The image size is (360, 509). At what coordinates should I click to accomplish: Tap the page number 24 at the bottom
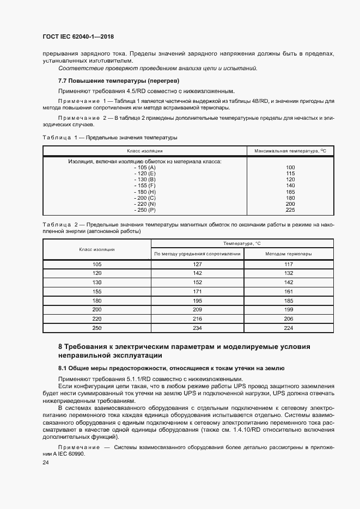pos(46,462)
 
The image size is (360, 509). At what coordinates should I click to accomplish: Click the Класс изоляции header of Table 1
pos(145,151)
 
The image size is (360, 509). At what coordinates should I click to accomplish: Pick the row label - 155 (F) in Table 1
pos(145,186)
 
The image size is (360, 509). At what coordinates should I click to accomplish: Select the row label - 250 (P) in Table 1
pos(145,210)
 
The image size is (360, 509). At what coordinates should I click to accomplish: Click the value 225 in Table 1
pos(290,210)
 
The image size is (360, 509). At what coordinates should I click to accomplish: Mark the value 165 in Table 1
pos(290,192)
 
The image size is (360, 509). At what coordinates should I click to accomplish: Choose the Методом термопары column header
pos(289,254)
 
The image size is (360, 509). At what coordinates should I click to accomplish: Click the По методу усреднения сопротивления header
pos(197,254)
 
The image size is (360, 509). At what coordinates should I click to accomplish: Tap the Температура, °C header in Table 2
pos(242,244)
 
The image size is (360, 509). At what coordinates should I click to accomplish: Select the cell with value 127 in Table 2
pos(197,265)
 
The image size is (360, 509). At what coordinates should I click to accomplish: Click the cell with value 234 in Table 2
pos(197,328)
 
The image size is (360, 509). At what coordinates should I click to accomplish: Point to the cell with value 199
pos(289,309)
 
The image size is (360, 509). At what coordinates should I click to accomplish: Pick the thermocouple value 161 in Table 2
pos(289,291)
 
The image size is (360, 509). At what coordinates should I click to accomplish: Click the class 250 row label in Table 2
pos(97,328)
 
